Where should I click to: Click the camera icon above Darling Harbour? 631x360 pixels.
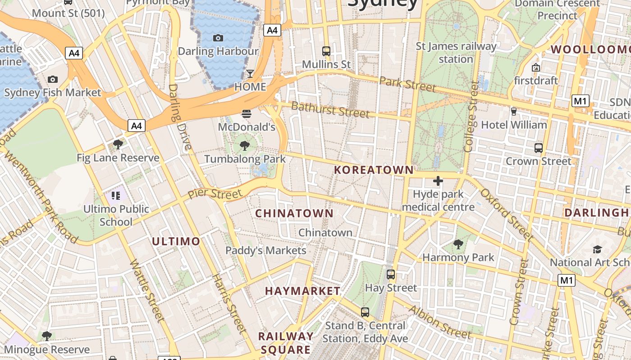[x=218, y=38]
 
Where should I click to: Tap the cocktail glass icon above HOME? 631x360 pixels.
[x=250, y=73]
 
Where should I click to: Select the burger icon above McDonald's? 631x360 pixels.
[x=246, y=114]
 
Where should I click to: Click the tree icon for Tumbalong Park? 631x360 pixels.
[x=245, y=145]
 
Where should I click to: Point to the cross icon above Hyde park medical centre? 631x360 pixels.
[x=438, y=181]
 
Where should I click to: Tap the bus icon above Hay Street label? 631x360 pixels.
[x=391, y=274]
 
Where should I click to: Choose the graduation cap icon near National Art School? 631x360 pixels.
[x=597, y=249]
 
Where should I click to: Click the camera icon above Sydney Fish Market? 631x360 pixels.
[x=53, y=80]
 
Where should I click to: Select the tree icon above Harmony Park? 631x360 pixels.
[x=458, y=244]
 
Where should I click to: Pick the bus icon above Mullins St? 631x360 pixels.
[x=326, y=51]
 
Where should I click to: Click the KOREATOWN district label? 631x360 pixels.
[x=374, y=170]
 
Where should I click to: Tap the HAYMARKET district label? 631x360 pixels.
[x=303, y=291]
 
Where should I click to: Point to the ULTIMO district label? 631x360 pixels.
[x=176, y=242]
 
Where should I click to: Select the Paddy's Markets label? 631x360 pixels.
[x=266, y=251]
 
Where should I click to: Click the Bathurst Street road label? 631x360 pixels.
[x=330, y=109]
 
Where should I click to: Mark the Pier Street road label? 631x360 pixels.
[x=215, y=194]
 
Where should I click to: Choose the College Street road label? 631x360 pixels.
[x=471, y=117]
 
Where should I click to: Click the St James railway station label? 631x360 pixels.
[x=456, y=52]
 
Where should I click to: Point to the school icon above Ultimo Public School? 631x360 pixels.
[x=116, y=195]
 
